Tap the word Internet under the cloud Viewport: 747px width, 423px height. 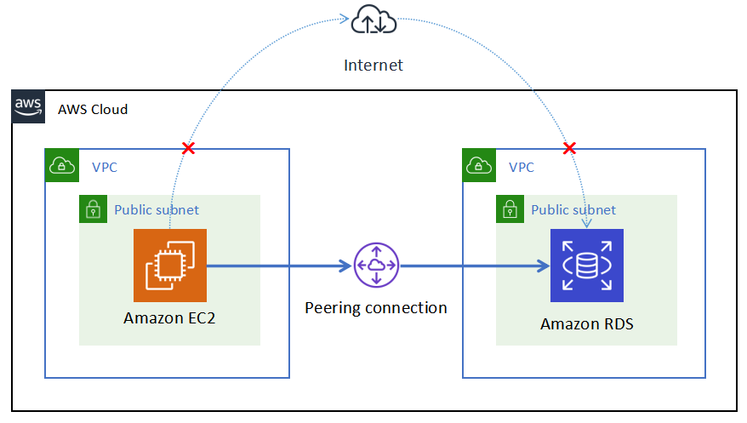[373, 65]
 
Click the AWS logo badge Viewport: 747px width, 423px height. [29, 106]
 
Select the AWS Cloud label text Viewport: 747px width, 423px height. [93, 109]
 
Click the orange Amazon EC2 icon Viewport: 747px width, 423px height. [170, 265]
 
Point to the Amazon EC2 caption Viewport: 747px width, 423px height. [169, 318]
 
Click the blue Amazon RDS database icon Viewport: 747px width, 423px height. [586, 265]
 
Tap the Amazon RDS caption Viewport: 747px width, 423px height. [586, 323]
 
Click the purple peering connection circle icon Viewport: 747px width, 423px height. [376, 265]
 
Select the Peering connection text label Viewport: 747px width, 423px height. [376, 307]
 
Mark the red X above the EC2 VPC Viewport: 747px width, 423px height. [189, 149]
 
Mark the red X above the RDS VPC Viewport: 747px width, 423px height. [570, 149]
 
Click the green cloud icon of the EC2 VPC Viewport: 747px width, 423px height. [61, 166]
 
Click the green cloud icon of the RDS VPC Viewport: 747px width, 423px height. [479, 166]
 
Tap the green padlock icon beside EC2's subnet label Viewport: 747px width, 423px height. [93, 209]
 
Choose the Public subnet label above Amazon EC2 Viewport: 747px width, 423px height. [157, 209]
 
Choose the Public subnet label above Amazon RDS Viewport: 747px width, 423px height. [573, 209]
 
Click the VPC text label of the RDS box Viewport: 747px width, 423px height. [522, 167]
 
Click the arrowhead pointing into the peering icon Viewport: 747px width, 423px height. [345, 266]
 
